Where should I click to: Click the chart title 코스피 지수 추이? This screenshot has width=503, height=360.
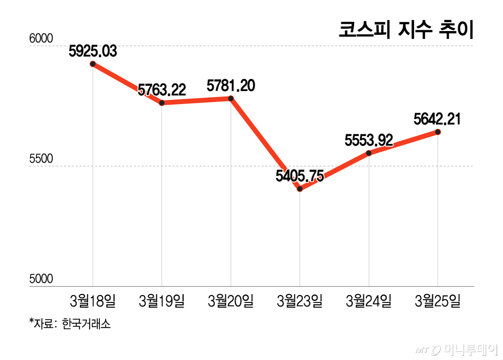tap(405, 30)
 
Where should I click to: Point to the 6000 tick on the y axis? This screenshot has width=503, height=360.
tap(41, 39)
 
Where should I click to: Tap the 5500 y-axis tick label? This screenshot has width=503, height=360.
tap(41, 159)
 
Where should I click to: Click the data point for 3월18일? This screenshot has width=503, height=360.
tap(93, 64)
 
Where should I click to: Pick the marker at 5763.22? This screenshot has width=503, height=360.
tap(162, 103)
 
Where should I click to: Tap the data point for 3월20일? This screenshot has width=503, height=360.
tap(231, 98)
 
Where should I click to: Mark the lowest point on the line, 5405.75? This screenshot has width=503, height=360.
tap(300, 189)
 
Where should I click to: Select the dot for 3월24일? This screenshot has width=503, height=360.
tap(369, 153)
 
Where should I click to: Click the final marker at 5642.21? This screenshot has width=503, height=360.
tap(438, 132)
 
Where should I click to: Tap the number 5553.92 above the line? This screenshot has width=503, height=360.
tap(369, 141)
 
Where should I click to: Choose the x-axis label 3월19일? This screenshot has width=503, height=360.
tap(162, 300)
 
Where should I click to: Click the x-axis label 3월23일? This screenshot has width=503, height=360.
tap(300, 300)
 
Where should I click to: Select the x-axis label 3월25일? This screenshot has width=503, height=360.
tap(438, 300)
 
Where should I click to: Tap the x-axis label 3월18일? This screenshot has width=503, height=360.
tap(93, 300)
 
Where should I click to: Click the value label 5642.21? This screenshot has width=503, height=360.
tap(437, 119)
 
